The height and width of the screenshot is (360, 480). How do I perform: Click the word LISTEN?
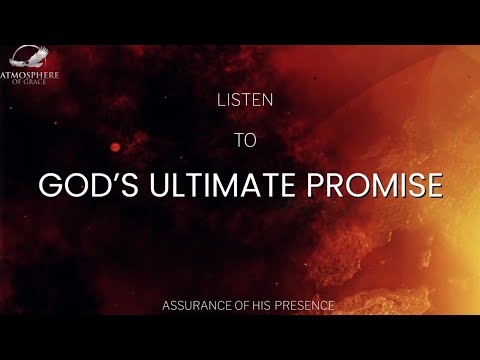coord(240,100)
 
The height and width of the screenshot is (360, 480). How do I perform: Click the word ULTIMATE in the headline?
coord(222,186)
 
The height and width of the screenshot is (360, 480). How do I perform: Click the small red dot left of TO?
coord(116,147)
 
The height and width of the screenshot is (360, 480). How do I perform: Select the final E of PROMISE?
coord(433,186)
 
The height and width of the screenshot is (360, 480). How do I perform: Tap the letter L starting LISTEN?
coord(220,100)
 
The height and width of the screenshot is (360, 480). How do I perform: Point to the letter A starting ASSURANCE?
coord(166,304)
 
